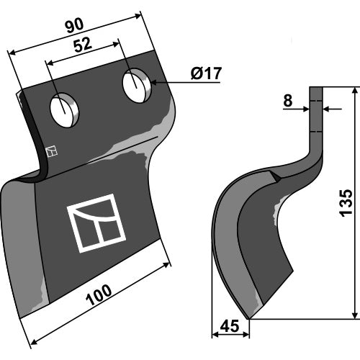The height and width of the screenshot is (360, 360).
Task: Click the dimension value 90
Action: click(x=75, y=26)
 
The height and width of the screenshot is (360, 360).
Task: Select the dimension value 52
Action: click(x=83, y=45)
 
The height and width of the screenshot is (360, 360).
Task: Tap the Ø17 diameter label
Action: click(x=206, y=73)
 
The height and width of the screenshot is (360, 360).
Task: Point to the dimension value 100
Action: click(x=99, y=295)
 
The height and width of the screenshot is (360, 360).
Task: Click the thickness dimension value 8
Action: click(x=288, y=101)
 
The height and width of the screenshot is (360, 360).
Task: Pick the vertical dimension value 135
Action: click(x=346, y=203)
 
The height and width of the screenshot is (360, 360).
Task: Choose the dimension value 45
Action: click(x=230, y=326)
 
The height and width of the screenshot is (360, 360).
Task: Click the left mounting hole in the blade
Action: click(x=64, y=111)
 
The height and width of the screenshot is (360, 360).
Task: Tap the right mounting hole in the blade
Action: click(x=137, y=86)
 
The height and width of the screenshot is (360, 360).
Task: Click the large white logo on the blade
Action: click(x=96, y=223)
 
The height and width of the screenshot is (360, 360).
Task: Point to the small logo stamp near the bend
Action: click(x=52, y=151)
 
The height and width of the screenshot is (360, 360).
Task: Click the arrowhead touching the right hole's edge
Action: click(x=154, y=83)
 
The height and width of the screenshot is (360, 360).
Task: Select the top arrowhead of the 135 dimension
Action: click(x=356, y=91)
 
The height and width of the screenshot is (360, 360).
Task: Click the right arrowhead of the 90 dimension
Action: click(x=138, y=16)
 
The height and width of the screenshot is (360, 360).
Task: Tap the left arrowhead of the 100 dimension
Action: click(x=35, y=342)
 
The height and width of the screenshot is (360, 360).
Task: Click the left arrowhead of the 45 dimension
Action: click(x=215, y=334)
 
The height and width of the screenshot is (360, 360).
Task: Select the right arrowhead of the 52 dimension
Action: click(x=115, y=44)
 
